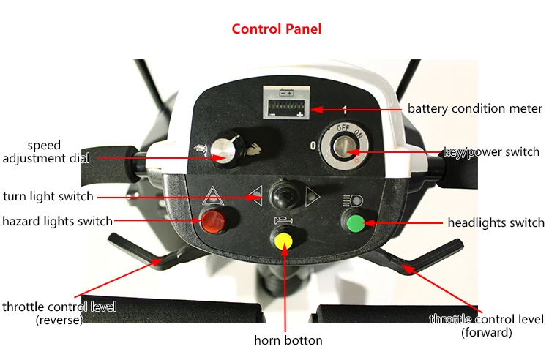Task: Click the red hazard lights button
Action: tap(213, 220)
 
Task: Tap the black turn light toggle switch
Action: tap(282, 195)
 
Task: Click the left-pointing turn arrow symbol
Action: tap(255, 195)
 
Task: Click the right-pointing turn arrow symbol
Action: tap(312, 195)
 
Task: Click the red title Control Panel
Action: tap(276, 29)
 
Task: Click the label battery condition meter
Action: tap(475, 109)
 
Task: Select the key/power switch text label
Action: tap(491, 153)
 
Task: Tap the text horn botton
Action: tap(288, 340)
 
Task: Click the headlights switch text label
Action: tap(496, 222)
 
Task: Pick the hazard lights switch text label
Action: tap(58, 221)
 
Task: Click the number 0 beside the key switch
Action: tap(313, 146)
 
